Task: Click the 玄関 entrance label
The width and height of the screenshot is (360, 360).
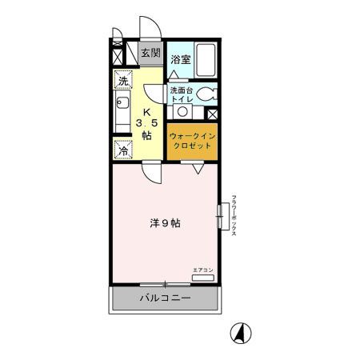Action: point(149,54)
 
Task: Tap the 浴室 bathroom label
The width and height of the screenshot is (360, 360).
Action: point(180,59)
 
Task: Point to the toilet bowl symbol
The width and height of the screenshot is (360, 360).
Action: point(207,94)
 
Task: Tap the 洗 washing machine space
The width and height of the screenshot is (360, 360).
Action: point(122,80)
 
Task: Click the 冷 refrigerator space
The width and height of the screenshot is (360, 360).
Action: point(123,149)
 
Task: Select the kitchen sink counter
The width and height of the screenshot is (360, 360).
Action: point(121,113)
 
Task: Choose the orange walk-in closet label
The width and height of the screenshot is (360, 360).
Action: point(191,141)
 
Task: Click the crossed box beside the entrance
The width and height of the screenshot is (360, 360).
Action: point(118,56)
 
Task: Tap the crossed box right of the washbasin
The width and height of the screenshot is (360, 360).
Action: point(211,113)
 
